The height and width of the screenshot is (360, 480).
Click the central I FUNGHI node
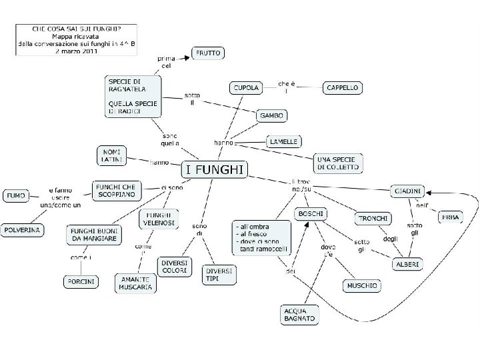pos(215,170)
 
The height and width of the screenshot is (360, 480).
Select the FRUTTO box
pos(208,53)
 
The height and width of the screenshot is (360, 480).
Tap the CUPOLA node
pos(246,87)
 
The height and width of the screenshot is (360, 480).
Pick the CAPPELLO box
pos(343,87)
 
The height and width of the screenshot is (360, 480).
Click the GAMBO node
pos(271,115)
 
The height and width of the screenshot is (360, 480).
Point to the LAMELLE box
pos(284,141)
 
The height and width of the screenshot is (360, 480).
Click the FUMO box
pos(15,196)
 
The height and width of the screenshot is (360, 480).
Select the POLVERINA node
pos(22,230)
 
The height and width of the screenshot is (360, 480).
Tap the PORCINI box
pos(81,282)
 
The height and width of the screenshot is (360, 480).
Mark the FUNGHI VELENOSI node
pos(159,219)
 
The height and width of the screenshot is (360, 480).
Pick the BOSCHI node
pos(310,215)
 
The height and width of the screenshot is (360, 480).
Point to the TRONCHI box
pos(373,219)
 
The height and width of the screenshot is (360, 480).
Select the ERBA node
pos(450,217)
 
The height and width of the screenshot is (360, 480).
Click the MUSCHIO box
pos(362,285)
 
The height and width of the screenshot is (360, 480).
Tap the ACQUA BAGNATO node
pos(299,315)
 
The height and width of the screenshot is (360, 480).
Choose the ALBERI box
pos(407,264)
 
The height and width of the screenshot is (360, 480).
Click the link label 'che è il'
pos(286,87)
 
